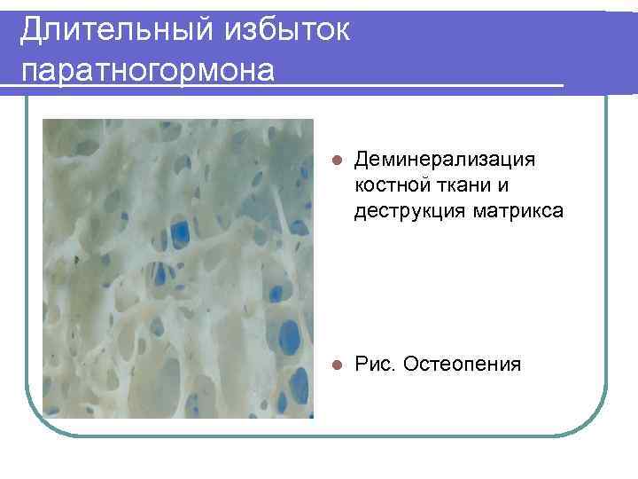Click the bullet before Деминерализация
pos(334,161)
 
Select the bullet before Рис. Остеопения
pos(334,365)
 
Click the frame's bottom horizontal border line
pos(319,435)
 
